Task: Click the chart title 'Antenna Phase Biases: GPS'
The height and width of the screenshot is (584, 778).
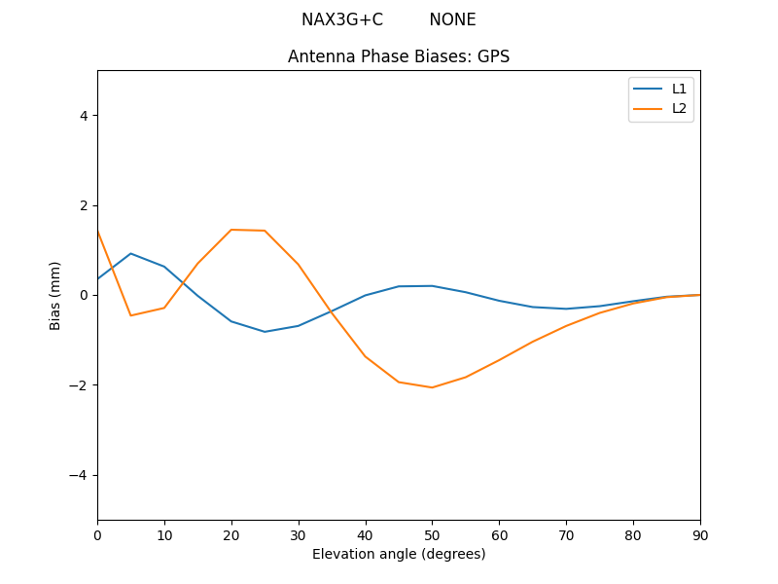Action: click(x=399, y=56)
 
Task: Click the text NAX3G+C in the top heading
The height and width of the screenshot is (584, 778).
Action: click(x=342, y=19)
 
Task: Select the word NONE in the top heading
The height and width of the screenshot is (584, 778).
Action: click(x=452, y=19)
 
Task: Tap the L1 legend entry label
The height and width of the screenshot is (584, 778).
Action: click(x=679, y=89)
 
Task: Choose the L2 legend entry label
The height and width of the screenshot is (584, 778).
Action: click(x=679, y=108)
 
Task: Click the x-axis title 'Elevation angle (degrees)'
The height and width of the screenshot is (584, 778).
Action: click(x=399, y=554)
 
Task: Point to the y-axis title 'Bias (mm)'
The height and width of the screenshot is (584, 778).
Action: click(x=55, y=295)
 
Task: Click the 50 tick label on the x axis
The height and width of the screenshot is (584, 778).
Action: click(x=432, y=534)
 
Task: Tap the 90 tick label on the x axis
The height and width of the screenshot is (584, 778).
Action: click(x=700, y=534)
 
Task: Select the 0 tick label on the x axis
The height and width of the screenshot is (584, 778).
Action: click(x=97, y=534)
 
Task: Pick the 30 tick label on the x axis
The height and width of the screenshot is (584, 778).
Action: click(x=299, y=534)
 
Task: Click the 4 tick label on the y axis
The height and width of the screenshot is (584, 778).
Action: click(x=84, y=115)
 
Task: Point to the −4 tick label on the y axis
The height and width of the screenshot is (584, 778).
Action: click(x=80, y=475)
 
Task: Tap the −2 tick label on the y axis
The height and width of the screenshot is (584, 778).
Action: click(x=80, y=385)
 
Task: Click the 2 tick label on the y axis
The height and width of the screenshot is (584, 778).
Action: click(x=84, y=205)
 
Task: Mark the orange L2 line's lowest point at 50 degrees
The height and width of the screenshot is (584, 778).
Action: click(x=432, y=387)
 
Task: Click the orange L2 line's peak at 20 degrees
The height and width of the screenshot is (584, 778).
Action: click(x=231, y=230)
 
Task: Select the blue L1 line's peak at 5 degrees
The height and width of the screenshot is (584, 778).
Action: click(x=130, y=253)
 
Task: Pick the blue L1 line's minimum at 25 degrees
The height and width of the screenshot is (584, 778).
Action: click(x=265, y=332)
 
